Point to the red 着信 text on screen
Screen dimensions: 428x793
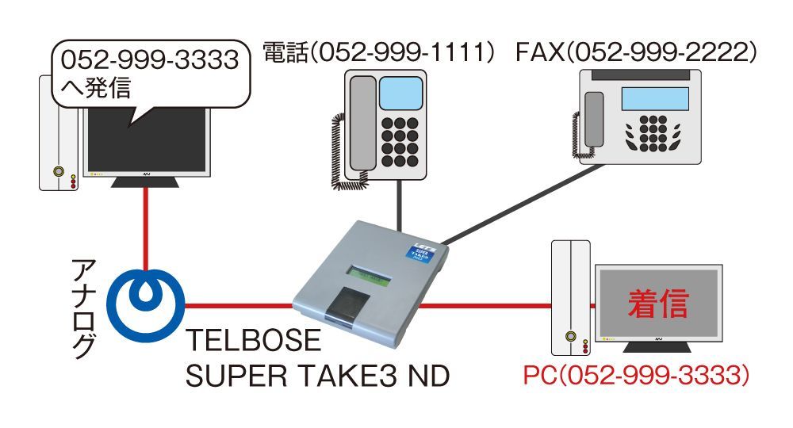click(x=657, y=304)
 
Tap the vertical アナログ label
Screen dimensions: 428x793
click(x=85, y=304)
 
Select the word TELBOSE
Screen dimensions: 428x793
click(x=254, y=342)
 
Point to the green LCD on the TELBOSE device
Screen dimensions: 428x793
click(x=370, y=277)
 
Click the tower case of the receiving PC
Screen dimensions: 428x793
click(x=570, y=297)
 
